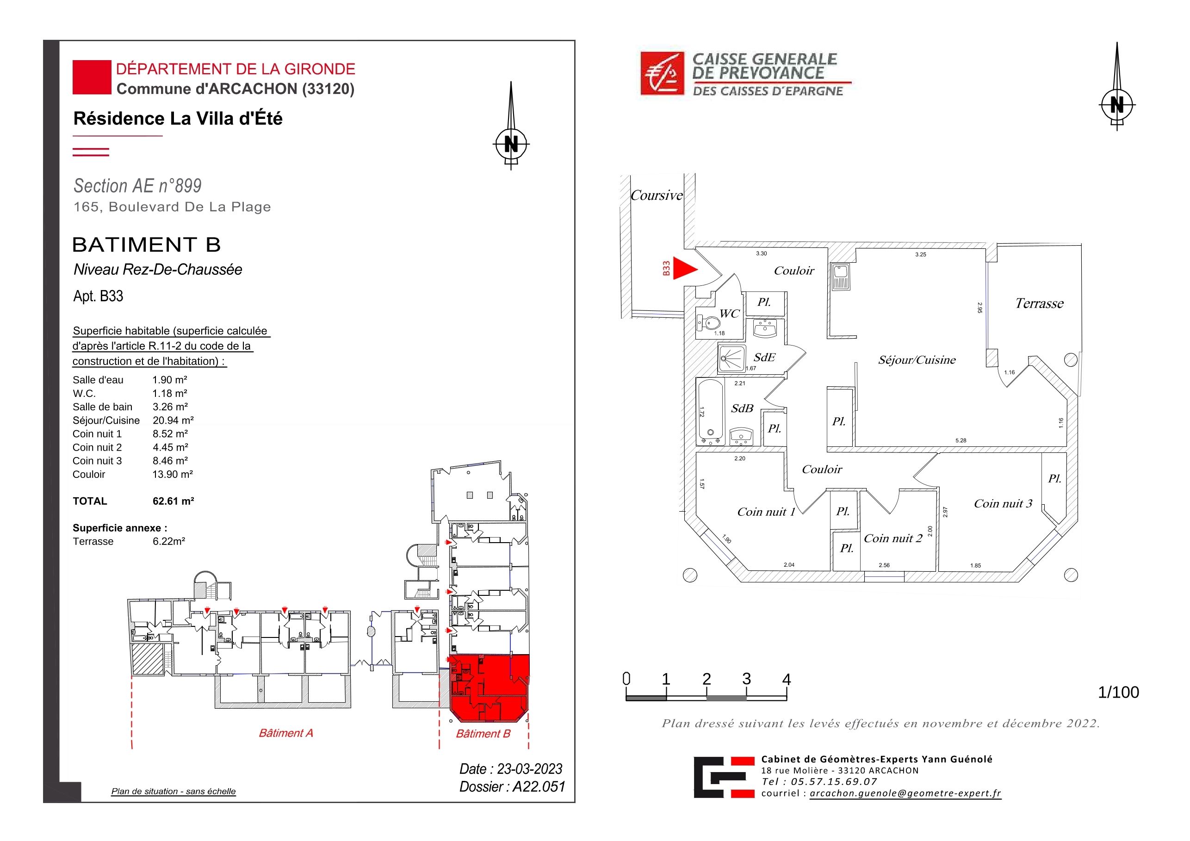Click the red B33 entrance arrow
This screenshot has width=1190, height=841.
(684, 268)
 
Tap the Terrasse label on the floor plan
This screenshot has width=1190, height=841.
(1039, 303)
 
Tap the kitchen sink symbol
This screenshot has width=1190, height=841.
(840, 277)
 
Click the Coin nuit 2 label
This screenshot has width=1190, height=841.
(893, 538)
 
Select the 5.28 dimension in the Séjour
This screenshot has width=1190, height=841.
(961, 440)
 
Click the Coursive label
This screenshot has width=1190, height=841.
(657, 195)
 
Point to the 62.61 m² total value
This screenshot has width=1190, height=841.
(173, 501)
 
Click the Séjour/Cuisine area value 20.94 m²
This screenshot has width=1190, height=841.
(173, 420)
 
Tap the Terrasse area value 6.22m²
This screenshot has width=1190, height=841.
(169, 541)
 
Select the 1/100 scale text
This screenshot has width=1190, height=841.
(1118, 693)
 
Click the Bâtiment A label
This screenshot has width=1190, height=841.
(286, 733)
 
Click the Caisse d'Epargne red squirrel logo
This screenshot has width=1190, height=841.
(663, 73)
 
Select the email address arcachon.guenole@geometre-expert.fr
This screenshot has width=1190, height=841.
(905, 793)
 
